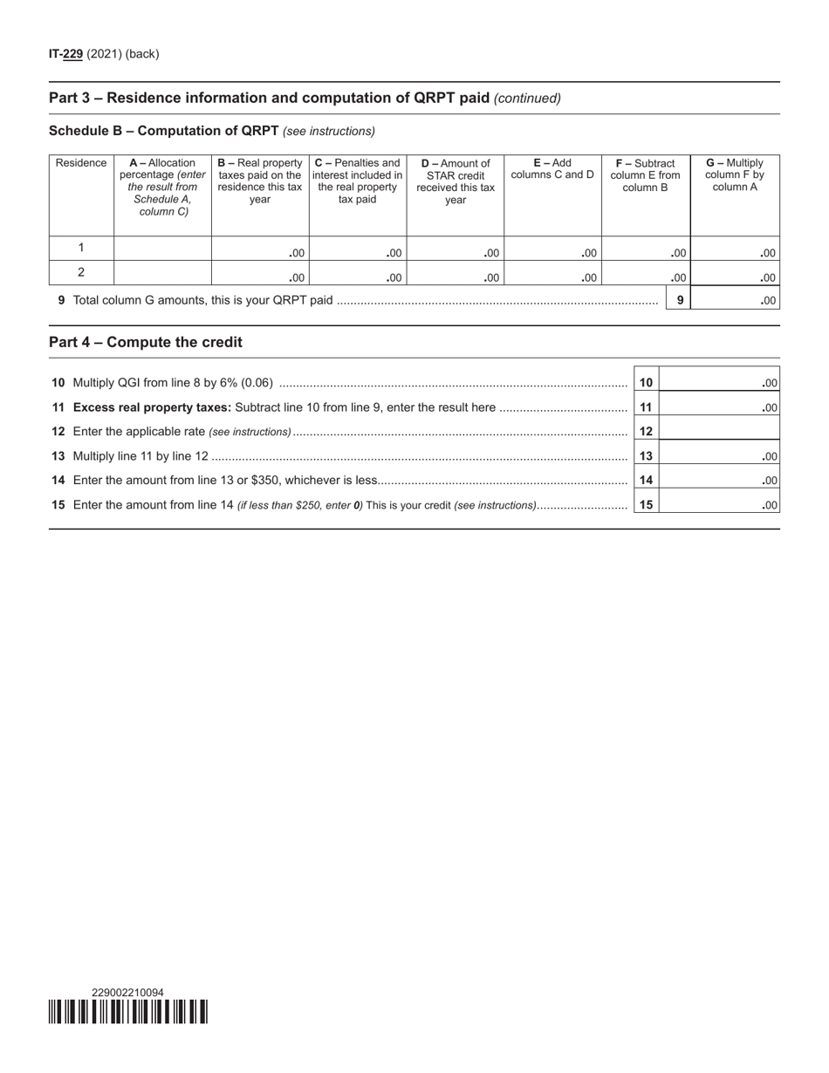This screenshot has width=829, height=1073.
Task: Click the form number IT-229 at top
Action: (66, 54)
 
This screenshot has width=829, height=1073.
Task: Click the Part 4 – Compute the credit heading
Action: (146, 342)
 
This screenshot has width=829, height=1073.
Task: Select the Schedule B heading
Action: (163, 131)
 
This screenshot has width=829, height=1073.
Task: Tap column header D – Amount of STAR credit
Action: (456, 181)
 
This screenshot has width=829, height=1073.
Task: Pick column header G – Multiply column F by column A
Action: (735, 175)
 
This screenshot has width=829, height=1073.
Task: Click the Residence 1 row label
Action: (81, 248)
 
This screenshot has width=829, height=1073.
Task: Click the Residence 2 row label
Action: (81, 272)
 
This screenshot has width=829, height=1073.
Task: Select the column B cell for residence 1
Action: (260, 249)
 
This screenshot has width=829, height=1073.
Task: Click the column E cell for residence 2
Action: (552, 274)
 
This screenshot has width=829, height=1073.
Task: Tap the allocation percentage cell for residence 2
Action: (162, 273)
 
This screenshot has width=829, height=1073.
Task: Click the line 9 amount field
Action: (736, 300)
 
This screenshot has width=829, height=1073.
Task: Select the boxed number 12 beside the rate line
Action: (646, 431)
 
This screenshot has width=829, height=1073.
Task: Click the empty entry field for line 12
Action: (720, 431)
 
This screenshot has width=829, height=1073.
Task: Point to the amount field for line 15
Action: (720, 504)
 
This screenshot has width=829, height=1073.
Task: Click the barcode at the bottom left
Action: (128, 1012)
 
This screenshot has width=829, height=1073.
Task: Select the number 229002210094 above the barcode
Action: (127, 992)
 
